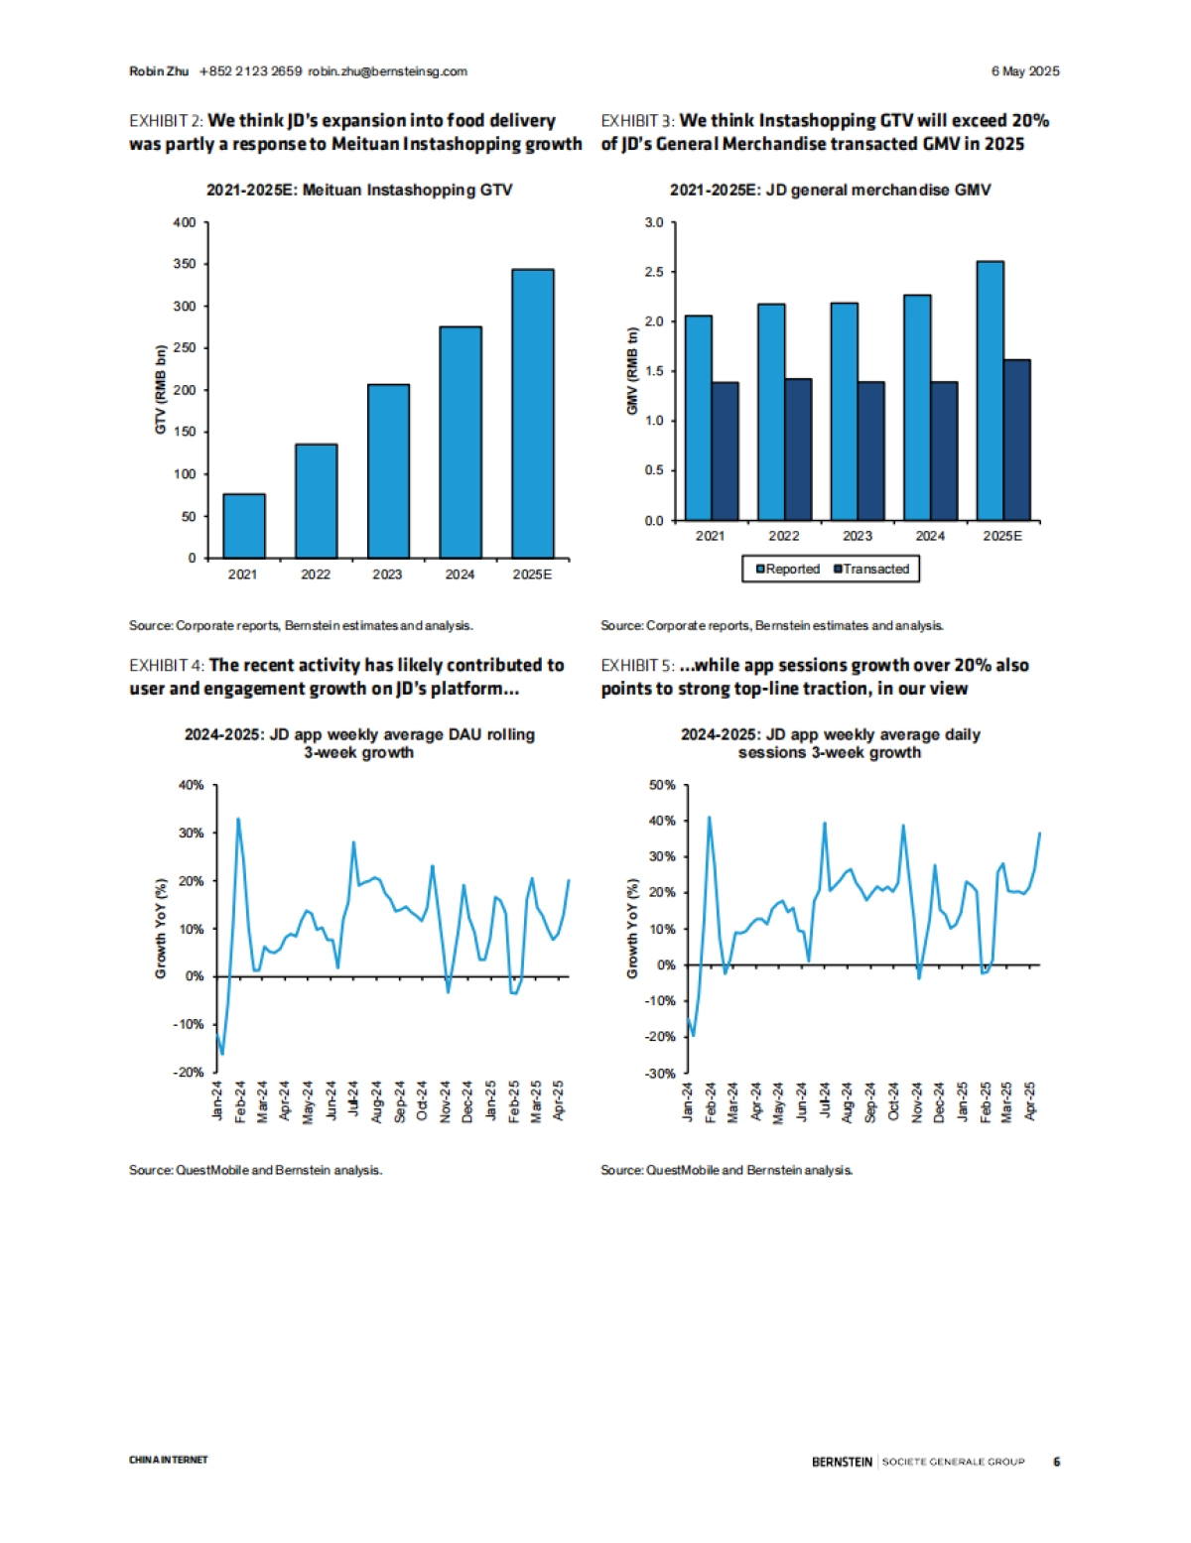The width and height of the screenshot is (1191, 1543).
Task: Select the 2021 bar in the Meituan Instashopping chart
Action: [244, 526]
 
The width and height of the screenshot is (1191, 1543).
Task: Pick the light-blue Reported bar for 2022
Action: [771, 412]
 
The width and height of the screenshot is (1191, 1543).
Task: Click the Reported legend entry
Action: [788, 569]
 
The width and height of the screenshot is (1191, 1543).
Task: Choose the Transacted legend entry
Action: [871, 569]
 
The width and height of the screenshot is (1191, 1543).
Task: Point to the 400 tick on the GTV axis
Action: [185, 222]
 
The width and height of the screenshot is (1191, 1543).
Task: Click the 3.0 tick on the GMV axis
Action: [654, 222]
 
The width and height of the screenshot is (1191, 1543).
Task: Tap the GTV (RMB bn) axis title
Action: [161, 389]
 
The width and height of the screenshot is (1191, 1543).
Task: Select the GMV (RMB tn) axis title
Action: [632, 371]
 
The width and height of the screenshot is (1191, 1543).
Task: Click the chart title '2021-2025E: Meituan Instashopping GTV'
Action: [359, 190]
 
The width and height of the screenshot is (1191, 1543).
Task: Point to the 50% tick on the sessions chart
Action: [661, 785]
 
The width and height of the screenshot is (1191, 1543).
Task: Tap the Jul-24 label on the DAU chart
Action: [353, 1100]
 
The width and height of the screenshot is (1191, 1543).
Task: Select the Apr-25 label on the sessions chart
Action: [1030, 1100]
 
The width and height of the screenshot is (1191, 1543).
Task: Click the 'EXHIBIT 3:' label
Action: [637, 121]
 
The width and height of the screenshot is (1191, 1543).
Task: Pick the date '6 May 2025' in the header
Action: [1025, 71]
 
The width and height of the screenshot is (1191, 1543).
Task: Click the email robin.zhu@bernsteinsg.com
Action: [387, 71]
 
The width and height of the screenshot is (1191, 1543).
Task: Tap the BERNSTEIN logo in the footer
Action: [842, 1461]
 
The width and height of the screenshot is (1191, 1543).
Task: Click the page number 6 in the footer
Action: [1056, 1461]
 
